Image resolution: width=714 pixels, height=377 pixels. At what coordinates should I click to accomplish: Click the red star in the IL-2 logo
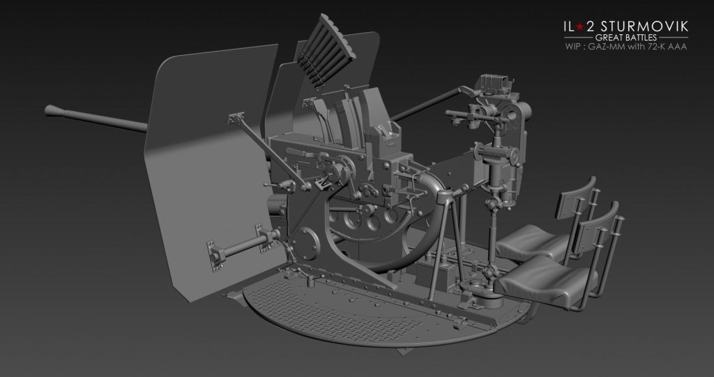579,27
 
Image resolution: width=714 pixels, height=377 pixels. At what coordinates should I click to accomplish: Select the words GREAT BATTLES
626,38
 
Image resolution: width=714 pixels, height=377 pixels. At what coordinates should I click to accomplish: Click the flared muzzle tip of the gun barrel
52,110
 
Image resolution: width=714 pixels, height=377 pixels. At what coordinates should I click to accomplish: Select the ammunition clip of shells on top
326,50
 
